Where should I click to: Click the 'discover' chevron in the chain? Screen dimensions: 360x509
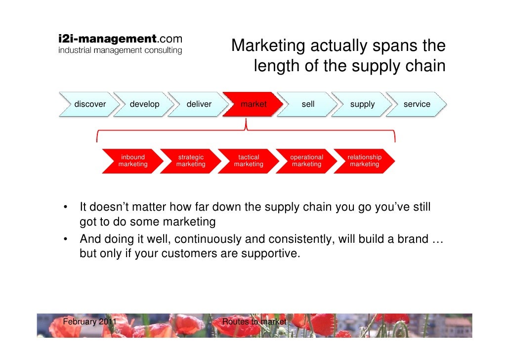tap(89, 104)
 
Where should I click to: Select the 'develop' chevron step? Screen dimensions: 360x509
tap(144, 104)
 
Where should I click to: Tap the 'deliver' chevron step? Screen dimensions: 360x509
tap(199, 104)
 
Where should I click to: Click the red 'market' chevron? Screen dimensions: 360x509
tap(253, 104)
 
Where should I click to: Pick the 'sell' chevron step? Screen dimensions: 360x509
tap(308, 104)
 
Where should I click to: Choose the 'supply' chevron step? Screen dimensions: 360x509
tap(362, 104)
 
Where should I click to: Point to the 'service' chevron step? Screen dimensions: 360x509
tap(417, 104)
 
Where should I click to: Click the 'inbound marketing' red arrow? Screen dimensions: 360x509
tap(132, 161)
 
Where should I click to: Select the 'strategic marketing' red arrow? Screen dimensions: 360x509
tap(191, 161)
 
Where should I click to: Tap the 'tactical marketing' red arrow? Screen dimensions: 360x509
tap(249, 161)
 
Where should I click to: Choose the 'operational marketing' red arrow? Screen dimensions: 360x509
tap(306, 161)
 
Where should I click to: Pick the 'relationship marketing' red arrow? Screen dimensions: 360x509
tap(364, 161)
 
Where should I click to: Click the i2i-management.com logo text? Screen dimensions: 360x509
tap(120, 39)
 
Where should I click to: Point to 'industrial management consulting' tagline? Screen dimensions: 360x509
tap(120, 50)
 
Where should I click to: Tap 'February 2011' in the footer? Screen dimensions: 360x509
tap(90, 322)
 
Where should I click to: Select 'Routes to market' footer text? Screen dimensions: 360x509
tap(254, 322)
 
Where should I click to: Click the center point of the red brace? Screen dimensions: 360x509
tap(246, 130)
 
